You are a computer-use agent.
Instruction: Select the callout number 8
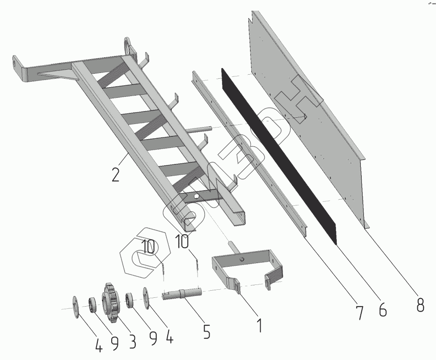click(x=420, y=304)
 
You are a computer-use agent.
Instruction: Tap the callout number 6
click(x=383, y=309)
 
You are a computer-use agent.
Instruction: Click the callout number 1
click(x=259, y=325)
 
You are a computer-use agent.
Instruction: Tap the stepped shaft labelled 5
click(x=182, y=294)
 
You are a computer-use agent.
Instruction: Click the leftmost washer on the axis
click(x=75, y=305)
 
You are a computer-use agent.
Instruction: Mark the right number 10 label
click(x=182, y=242)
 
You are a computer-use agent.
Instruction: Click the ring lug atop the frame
click(x=128, y=46)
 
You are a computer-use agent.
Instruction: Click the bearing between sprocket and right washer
click(x=129, y=300)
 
